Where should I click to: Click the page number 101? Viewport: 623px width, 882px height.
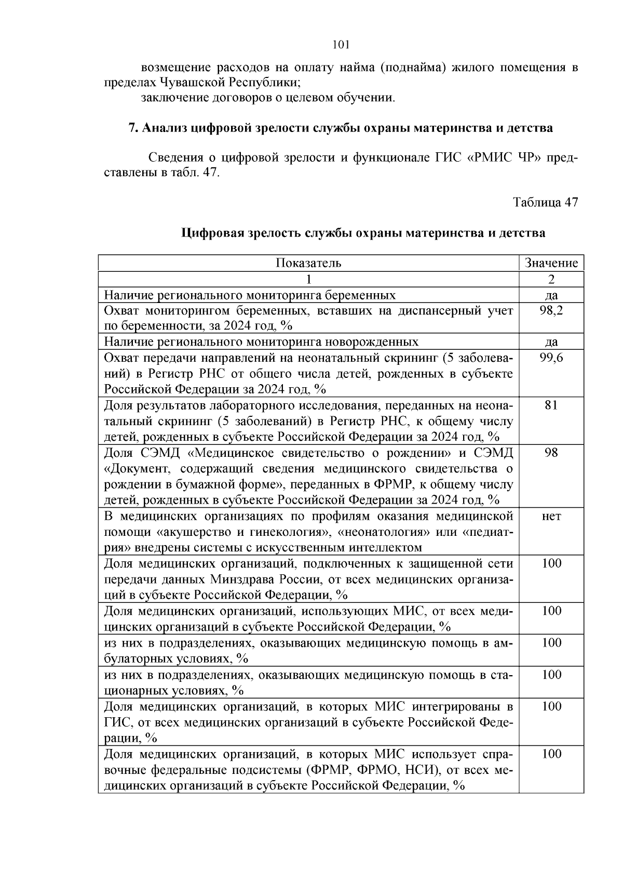pyautogui.click(x=341, y=45)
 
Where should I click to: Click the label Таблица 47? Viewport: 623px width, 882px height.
pyautogui.click(x=545, y=203)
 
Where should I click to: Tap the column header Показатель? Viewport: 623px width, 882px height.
pyautogui.click(x=308, y=263)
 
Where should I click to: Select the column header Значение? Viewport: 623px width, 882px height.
pyautogui.click(x=551, y=263)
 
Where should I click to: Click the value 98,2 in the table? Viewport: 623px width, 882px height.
pyautogui.click(x=551, y=311)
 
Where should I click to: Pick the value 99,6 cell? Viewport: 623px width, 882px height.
pyautogui.click(x=551, y=358)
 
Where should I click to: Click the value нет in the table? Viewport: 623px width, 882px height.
pyautogui.click(x=551, y=517)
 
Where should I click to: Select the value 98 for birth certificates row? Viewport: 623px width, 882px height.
pyautogui.click(x=551, y=453)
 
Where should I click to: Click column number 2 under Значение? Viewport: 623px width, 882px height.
pyautogui.click(x=551, y=279)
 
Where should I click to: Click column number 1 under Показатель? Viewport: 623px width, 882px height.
pyautogui.click(x=308, y=279)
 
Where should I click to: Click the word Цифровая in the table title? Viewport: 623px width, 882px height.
pyautogui.click(x=212, y=233)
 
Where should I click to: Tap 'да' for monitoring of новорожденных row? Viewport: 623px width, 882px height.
pyautogui.click(x=551, y=342)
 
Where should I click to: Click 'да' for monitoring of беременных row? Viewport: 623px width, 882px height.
pyautogui.click(x=551, y=295)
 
